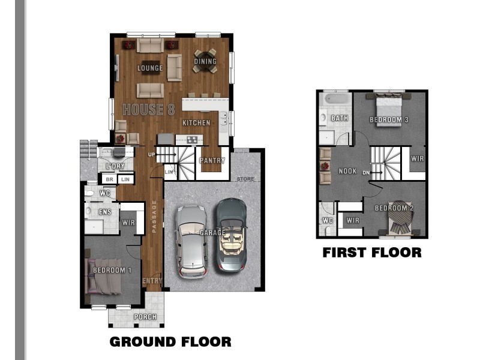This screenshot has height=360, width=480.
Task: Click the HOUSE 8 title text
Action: point(149,110)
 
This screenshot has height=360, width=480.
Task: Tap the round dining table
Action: point(205,61)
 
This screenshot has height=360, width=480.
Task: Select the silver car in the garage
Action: point(191,242)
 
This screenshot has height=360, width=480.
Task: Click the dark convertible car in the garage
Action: point(232,235)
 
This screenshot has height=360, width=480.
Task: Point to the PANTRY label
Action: point(212,160)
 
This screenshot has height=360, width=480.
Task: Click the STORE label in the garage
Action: point(245,179)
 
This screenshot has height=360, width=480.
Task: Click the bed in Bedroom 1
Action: point(104,277)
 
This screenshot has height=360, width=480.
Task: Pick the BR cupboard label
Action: point(110,179)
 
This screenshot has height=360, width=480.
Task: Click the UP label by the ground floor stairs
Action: point(152,155)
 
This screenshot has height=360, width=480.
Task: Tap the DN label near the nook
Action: point(366,173)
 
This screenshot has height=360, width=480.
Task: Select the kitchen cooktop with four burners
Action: point(192,140)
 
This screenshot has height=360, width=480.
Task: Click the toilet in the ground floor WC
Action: point(89,193)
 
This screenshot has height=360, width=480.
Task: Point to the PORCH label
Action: point(145,317)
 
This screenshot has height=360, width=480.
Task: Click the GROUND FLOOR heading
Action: point(170,341)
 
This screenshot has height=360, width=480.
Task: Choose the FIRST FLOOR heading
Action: point(372,253)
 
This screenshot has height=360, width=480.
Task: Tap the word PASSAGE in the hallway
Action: point(154,217)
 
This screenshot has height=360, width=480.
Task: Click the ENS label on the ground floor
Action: point(105,212)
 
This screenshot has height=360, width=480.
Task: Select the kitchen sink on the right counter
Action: point(224,119)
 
